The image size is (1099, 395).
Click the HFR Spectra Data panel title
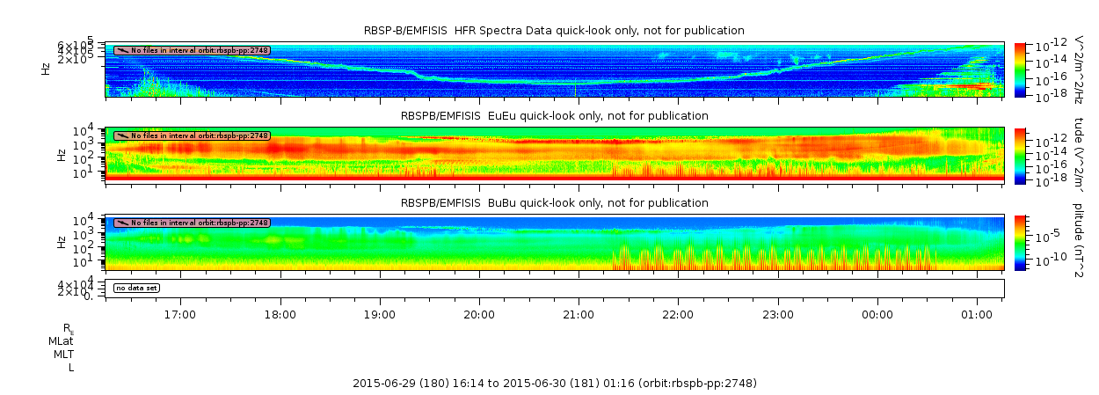pyautogui.click(x=554, y=31)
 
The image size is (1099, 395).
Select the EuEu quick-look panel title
pyautogui.click(x=554, y=115)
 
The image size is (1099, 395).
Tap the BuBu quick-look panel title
pyautogui.click(x=554, y=202)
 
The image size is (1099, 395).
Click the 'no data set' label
pyautogui.click(x=136, y=288)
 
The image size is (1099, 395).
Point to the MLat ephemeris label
pyautogui.click(x=61, y=340)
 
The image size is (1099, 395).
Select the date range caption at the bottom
pyautogui.click(x=554, y=384)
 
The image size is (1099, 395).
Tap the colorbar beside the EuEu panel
pyautogui.click(x=1020, y=155)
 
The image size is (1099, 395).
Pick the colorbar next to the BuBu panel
pyautogui.click(x=1020, y=242)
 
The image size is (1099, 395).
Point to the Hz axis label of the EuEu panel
pyautogui.click(x=47, y=155)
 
